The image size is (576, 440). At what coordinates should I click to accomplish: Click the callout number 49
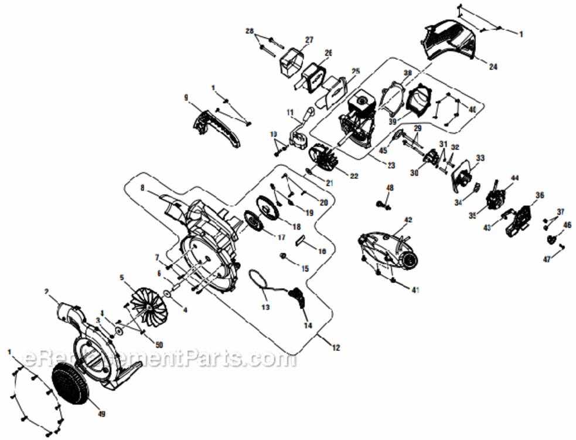[x=101, y=414]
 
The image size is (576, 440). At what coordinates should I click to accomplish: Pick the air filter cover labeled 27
[x=291, y=60]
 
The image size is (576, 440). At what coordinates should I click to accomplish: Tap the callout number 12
[x=335, y=348]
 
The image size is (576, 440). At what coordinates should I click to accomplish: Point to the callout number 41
[x=415, y=290]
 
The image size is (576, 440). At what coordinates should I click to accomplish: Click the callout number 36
[x=540, y=195]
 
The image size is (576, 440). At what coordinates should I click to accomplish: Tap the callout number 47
[x=546, y=259]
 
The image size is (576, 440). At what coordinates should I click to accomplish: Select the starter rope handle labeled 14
[x=299, y=297]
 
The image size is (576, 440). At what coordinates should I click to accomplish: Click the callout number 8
[x=141, y=188]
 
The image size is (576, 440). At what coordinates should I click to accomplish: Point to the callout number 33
[x=480, y=157]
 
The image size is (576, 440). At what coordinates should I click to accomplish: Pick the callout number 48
[x=390, y=188]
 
